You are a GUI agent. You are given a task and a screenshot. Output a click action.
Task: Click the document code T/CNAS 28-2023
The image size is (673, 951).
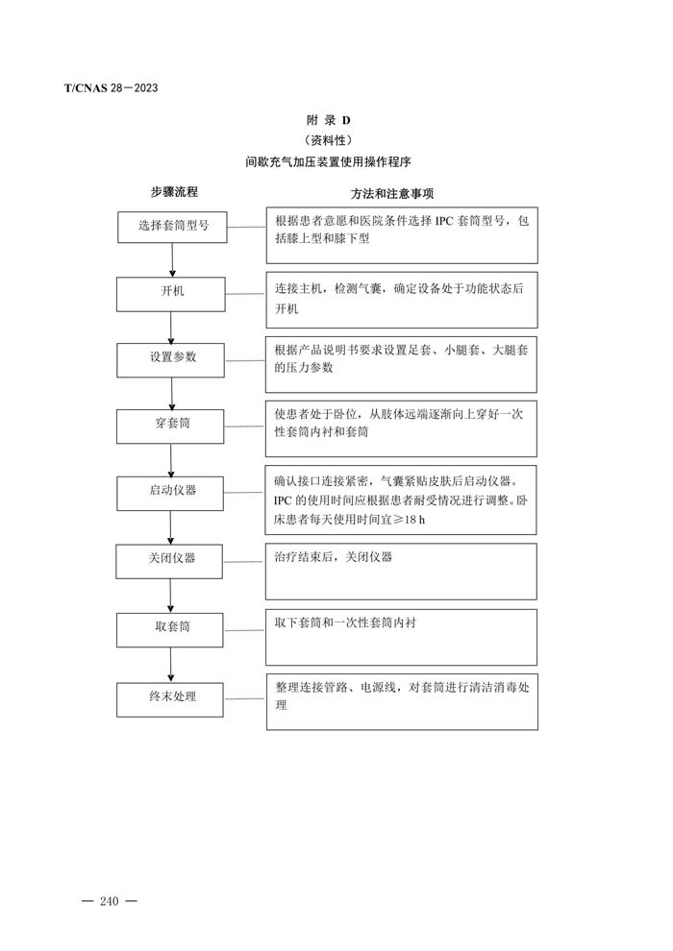[x=112, y=88]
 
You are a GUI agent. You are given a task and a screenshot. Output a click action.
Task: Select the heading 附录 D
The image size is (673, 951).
[x=328, y=120]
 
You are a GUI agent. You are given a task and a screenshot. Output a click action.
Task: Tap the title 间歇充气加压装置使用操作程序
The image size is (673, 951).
[x=328, y=162]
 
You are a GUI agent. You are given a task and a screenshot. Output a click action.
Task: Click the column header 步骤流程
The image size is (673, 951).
[x=174, y=192]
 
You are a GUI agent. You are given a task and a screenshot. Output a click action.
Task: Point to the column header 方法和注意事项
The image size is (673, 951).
[x=392, y=193]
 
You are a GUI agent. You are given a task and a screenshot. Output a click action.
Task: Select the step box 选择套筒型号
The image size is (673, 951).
[x=172, y=227]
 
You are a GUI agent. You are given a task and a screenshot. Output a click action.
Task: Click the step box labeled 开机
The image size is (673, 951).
[x=171, y=294]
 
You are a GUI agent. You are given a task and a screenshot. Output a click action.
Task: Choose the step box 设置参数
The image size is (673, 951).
[x=170, y=360]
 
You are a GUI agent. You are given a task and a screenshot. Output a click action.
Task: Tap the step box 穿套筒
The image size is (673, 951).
[x=170, y=426]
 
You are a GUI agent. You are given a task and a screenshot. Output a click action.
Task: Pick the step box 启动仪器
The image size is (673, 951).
[x=170, y=493]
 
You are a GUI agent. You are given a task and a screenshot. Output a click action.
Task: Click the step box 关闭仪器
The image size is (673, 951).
[x=169, y=562]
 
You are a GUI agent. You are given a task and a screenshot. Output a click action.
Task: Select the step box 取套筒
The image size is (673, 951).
[x=170, y=630]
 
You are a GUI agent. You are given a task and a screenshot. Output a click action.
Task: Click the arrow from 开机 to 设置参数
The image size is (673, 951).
[x=171, y=328]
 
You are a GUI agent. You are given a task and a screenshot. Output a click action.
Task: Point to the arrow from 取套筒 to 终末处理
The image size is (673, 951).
[x=170, y=665]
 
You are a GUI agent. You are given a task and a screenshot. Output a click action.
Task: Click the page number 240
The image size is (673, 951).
[x=110, y=901]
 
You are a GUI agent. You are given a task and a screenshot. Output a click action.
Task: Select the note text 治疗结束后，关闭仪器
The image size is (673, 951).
[x=334, y=557]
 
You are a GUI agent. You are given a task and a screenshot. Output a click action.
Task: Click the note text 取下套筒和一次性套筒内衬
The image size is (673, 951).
[x=345, y=622]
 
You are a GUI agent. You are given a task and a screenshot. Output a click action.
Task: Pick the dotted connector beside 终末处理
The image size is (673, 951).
[x=244, y=698]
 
